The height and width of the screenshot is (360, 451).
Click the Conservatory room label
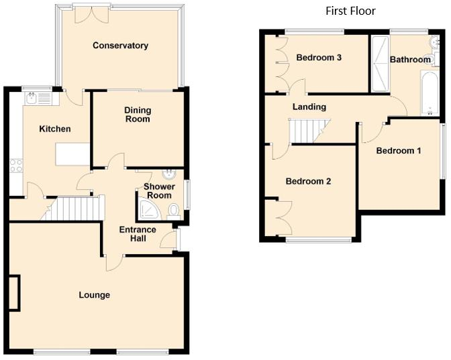(x=120, y=46)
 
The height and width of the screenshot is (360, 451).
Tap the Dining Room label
(x=138, y=115)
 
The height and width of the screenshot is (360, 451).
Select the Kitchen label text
(x=55, y=129)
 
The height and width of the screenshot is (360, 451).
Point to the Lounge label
(x=94, y=295)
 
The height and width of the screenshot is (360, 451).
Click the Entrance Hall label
(x=138, y=235)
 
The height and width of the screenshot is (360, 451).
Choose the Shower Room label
(x=159, y=191)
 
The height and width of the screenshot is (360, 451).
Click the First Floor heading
(x=350, y=11)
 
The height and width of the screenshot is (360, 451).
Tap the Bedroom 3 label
(x=319, y=58)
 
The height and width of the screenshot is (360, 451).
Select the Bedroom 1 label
(x=398, y=150)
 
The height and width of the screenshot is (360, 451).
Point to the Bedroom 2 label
(x=308, y=181)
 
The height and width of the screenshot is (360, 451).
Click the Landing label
(x=309, y=107)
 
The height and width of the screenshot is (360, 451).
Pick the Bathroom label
(x=410, y=60)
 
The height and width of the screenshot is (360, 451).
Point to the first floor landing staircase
(x=309, y=130)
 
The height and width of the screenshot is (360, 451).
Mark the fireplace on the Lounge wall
(x=15, y=293)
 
